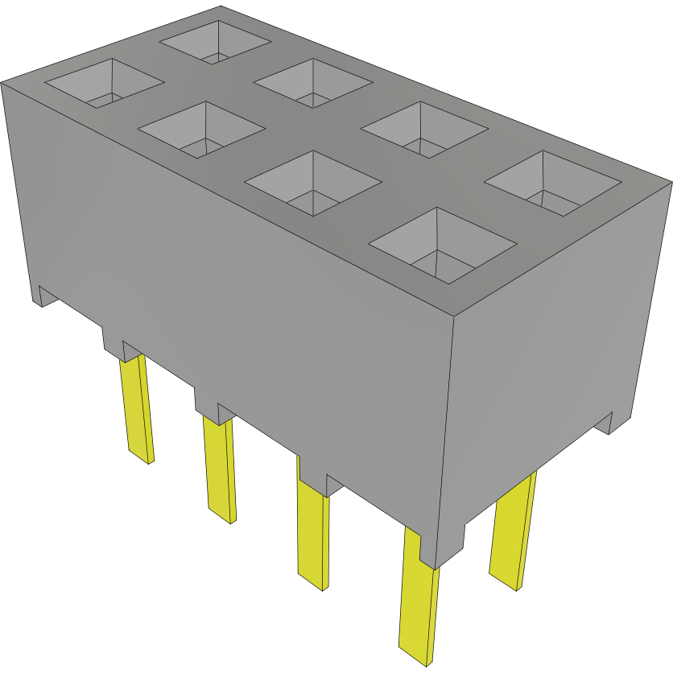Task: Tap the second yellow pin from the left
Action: [221, 470]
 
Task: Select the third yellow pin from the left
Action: [312, 531]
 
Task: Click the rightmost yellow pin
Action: [512, 531]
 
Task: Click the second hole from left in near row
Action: [202, 129]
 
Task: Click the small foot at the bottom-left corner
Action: [40, 296]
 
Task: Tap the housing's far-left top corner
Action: [2, 82]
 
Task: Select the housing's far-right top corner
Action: [670, 183]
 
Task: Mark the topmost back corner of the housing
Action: [221, 7]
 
